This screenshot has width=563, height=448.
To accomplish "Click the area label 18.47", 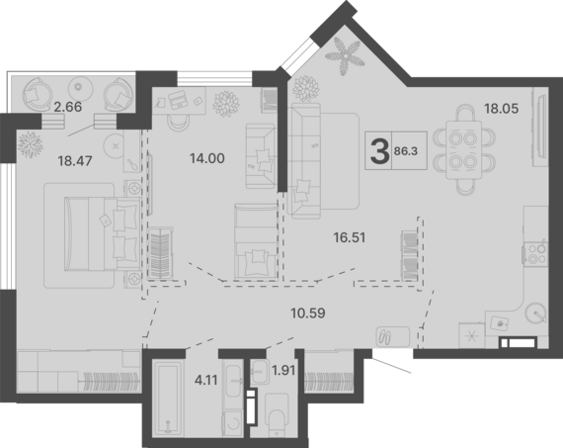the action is click(x=75, y=161).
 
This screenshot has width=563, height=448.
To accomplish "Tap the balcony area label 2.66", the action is click(x=67, y=107).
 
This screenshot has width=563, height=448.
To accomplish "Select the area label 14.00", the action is click(x=207, y=158).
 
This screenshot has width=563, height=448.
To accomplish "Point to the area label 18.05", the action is click(x=502, y=108).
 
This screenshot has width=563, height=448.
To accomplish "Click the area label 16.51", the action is click(x=350, y=237).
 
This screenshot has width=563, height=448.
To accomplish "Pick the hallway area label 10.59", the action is click(x=308, y=314).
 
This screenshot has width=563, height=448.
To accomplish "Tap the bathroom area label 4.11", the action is click(x=206, y=380).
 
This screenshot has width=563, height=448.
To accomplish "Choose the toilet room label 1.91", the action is click(x=283, y=370).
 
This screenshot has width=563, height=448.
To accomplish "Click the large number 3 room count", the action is click(x=379, y=151).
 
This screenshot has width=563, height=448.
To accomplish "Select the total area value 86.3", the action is click(x=406, y=151).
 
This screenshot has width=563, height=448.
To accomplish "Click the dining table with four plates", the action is click(x=463, y=150).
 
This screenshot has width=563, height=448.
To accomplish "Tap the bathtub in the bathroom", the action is click(x=167, y=400).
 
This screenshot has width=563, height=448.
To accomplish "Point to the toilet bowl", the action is click(x=277, y=415).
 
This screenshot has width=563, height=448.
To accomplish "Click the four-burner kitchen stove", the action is click(x=536, y=253).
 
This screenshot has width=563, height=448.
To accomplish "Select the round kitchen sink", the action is click(x=535, y=313).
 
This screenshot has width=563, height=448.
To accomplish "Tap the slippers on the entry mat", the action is click(x=384, y=337).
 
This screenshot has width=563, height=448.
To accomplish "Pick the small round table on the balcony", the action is click(x=79, y=87).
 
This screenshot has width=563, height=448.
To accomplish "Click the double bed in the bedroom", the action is click(x=102, y=233).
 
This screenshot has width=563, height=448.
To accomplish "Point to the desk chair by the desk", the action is click(x=180, y=123).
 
